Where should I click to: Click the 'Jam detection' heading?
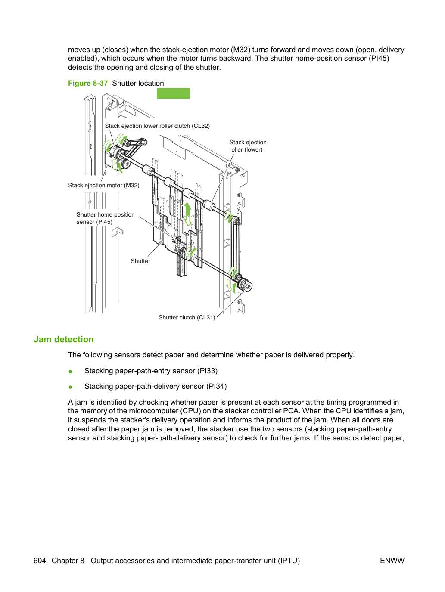[64, 339]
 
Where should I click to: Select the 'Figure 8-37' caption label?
[88, 84]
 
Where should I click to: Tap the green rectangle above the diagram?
[173, 93]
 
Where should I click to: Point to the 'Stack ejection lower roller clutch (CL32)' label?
[157, 126]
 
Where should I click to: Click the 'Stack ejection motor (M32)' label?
[104, 185]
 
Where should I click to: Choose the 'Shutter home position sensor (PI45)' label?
[106, 218]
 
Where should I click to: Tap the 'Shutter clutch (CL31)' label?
[187, 317]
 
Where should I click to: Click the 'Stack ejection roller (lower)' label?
[248, 146]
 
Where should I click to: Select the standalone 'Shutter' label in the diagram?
[140, 261]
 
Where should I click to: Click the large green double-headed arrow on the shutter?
[187, 214]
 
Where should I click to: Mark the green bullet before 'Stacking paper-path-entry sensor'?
[71, 372]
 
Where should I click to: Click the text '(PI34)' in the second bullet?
[217, 387]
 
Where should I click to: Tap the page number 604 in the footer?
[40, 561]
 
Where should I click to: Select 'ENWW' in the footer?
[392, 561]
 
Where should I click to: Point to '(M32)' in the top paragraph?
[241, 50]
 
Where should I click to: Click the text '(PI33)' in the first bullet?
[208, 371]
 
